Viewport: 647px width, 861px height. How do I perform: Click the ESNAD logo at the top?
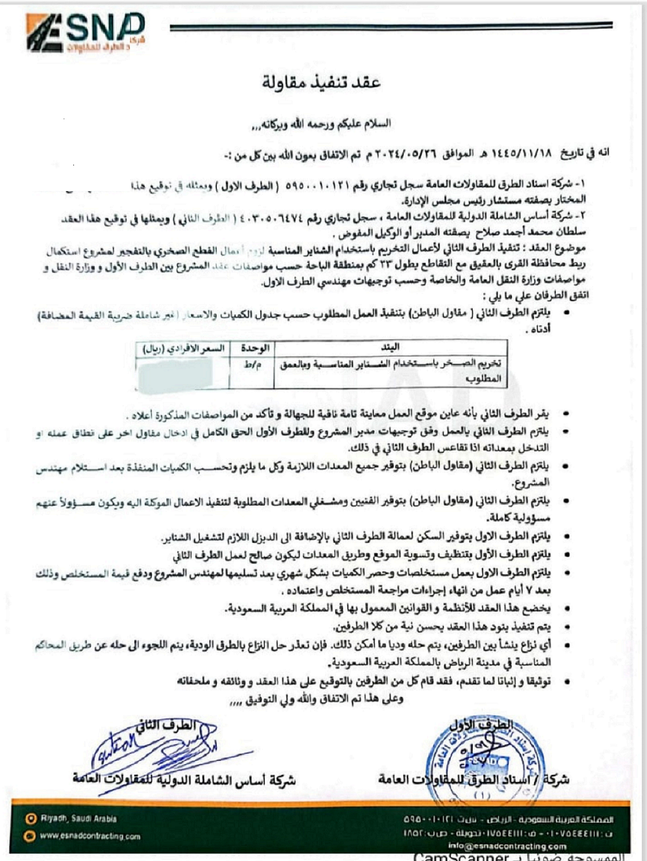(85, 32)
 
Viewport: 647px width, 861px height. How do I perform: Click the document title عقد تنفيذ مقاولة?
(321, 82)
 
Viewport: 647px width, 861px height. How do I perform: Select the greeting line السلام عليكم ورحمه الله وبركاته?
(321, 125)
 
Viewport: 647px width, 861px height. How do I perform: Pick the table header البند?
(390, 348)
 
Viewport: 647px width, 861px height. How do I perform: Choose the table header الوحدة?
(254, 348)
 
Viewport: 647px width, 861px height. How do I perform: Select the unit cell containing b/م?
(252, 365)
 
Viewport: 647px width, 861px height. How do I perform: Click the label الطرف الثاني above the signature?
(166, 725)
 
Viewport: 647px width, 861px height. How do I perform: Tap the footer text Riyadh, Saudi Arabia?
(78, 819)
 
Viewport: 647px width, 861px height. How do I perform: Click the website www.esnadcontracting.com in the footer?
(90, 836)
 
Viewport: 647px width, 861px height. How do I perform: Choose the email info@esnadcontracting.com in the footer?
(507, 846)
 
